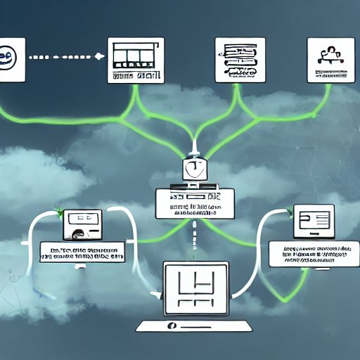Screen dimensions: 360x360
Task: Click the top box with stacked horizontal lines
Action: pos(240,60)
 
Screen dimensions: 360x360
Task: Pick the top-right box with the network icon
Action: pos(331,60)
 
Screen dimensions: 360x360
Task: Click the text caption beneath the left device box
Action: pos(81,253)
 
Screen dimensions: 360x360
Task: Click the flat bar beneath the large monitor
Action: pos(194,326)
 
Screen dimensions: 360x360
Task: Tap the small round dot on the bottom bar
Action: pos(170,326)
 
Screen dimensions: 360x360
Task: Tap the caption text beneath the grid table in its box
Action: pos(136,75)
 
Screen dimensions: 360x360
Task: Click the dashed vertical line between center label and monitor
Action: pos(194,239)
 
